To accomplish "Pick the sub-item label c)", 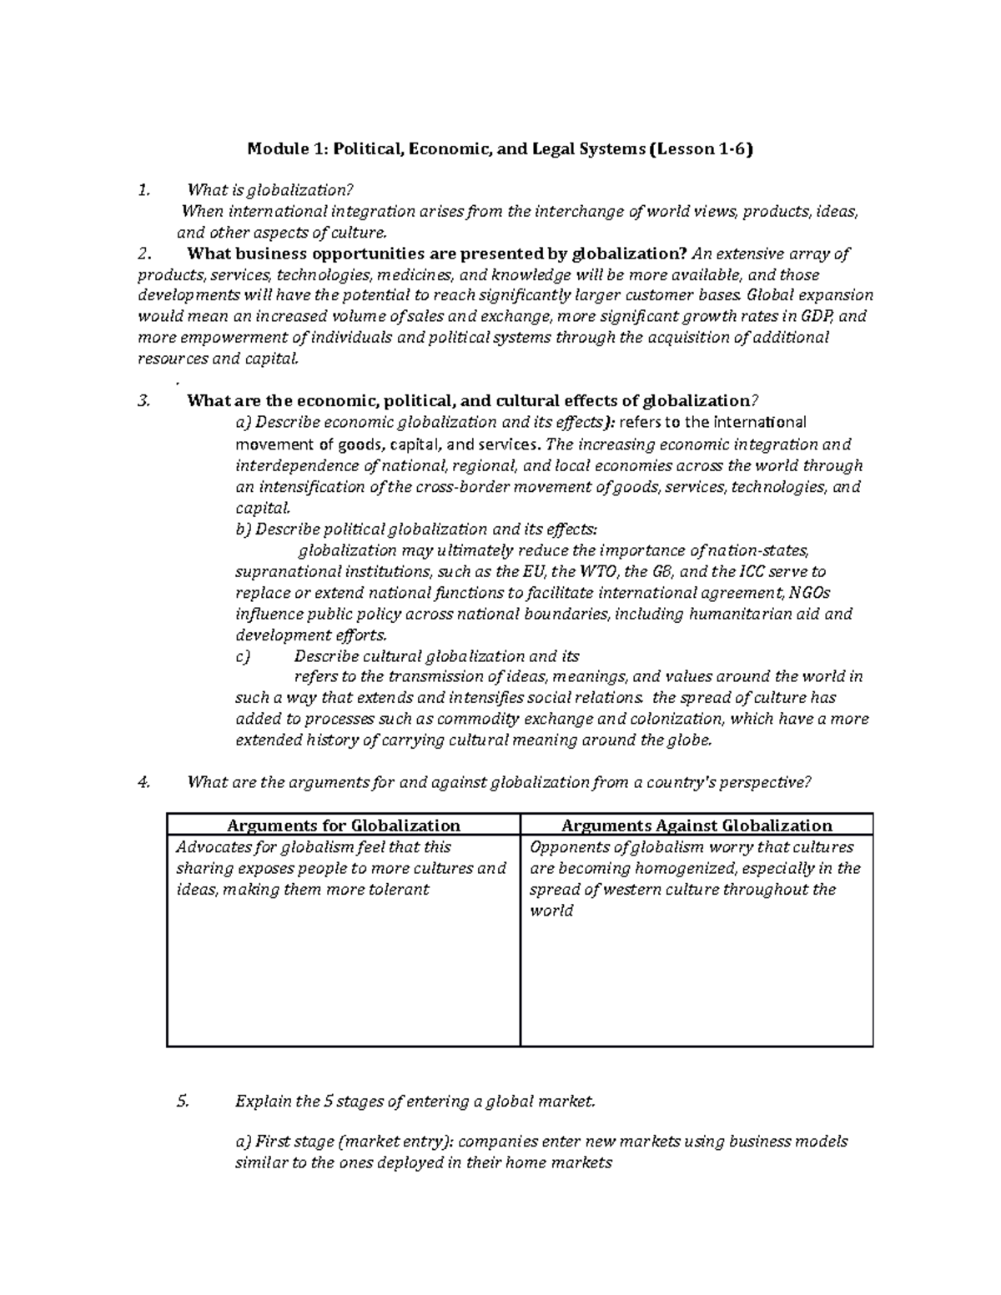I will pyautogui.click(x=243, y=656).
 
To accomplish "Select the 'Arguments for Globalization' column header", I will pyautogui.click(x=343, y=826).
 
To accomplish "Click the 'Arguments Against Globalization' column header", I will pyautogui.click(x=697, y=826).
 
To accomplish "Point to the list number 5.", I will pyautogui.click(x=183, y=1102).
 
